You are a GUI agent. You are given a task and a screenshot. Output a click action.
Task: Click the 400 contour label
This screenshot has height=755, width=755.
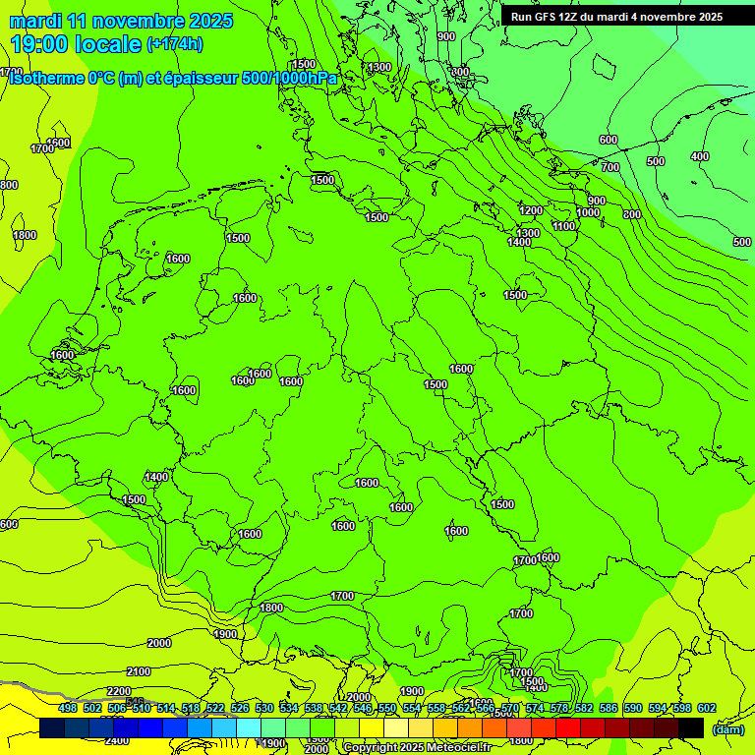click(x=699, y=156)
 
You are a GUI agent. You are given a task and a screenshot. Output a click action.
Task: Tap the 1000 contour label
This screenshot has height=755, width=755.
click(x=588, y=212)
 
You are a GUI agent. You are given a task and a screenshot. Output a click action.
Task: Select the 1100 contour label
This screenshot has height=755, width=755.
click(x=563, y=226)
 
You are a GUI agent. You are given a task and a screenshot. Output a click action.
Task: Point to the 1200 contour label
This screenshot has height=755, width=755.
click(x=531, y=210)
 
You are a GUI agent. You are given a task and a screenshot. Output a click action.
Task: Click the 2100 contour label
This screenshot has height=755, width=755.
click(x=139, y=671)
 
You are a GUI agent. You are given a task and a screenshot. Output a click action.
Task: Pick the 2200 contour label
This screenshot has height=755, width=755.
click(x=119, y=691)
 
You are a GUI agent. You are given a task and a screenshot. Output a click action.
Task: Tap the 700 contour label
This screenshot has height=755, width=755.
click(x=610, y=167)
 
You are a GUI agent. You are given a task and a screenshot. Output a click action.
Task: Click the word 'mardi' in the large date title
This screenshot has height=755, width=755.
click(x=36, y=21)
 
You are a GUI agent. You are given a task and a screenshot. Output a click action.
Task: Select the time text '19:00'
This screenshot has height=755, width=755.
click(x=39, y=44)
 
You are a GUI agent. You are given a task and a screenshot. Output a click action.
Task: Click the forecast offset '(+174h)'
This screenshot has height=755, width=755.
click(x=175, y=44)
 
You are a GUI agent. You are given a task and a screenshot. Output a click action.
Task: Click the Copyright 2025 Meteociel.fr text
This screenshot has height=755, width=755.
click(x=417, y=748)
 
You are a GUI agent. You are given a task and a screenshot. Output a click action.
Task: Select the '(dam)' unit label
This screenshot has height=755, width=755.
click(x=727, y=729)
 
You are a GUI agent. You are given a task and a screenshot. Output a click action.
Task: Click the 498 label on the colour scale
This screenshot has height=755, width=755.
click(x=68, y=708)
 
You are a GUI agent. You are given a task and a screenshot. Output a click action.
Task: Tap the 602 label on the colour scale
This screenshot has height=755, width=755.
click(x=706, y=708)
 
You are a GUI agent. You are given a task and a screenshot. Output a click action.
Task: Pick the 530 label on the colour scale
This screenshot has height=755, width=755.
click(x=264, y=708)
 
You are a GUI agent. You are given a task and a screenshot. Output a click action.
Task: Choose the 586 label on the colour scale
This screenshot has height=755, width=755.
click(x=608, y=708)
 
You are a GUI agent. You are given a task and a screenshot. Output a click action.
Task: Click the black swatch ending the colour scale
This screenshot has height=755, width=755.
click(x=691, y=727)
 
